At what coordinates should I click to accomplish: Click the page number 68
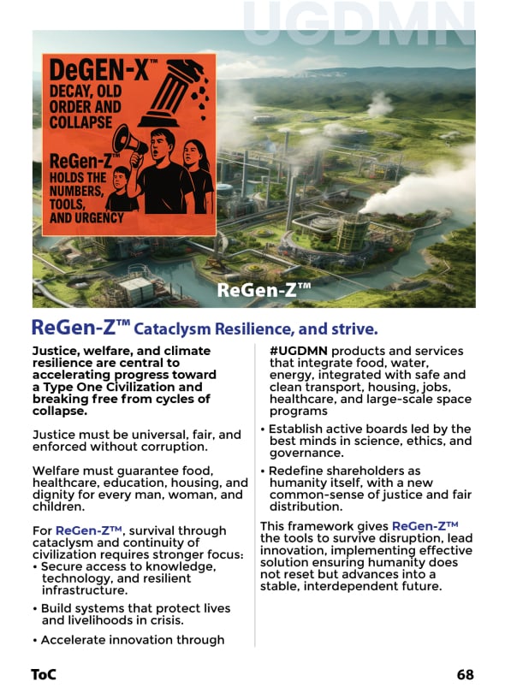pyautogui.click(x=465, y=674)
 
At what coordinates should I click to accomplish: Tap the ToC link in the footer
pyautogui.click(x=44, y=674)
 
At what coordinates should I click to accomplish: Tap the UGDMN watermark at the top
pyautogui.click(x=359, y=24)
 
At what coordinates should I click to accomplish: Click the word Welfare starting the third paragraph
pyautogui.click(x=56, y=471)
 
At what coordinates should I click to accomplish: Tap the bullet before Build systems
pyautogui.click(x=35, y=608)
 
